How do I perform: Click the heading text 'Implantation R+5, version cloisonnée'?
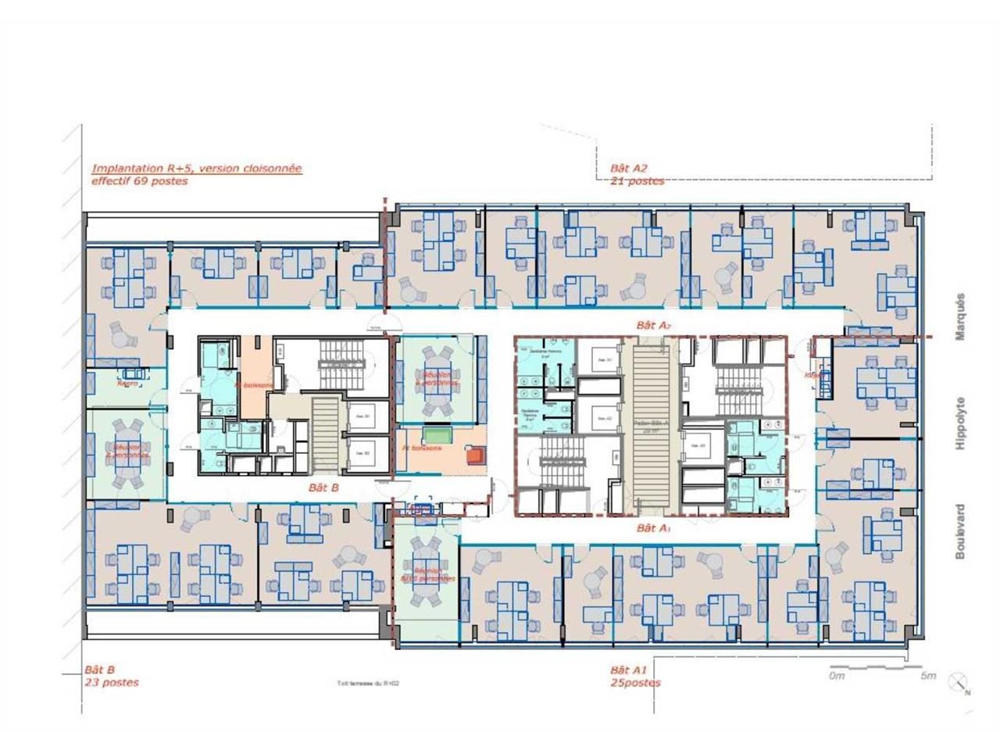[x=196, y=168]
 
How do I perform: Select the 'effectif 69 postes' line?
[x=140, y=180]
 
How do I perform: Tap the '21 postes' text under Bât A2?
[x=637, y=180]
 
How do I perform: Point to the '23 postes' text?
[x=111, y=682]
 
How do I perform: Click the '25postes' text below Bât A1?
[x=635, y=682]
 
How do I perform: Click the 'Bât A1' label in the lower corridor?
[x=654, y=528]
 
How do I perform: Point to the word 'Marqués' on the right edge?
[x=960, y=316]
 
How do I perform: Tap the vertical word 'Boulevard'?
[x=960, y=531]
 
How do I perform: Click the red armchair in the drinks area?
[x=473, y=455]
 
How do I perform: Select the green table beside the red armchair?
[x=432, y=434]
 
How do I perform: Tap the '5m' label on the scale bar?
[x=927, y=676]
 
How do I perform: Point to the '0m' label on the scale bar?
[x=837, y=676]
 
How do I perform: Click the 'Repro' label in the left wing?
[x=127, y=384]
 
